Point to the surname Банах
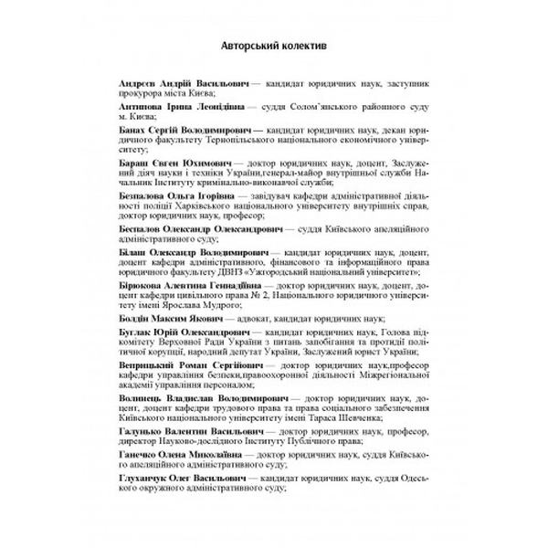point(134,133)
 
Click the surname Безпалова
point(147,195)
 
